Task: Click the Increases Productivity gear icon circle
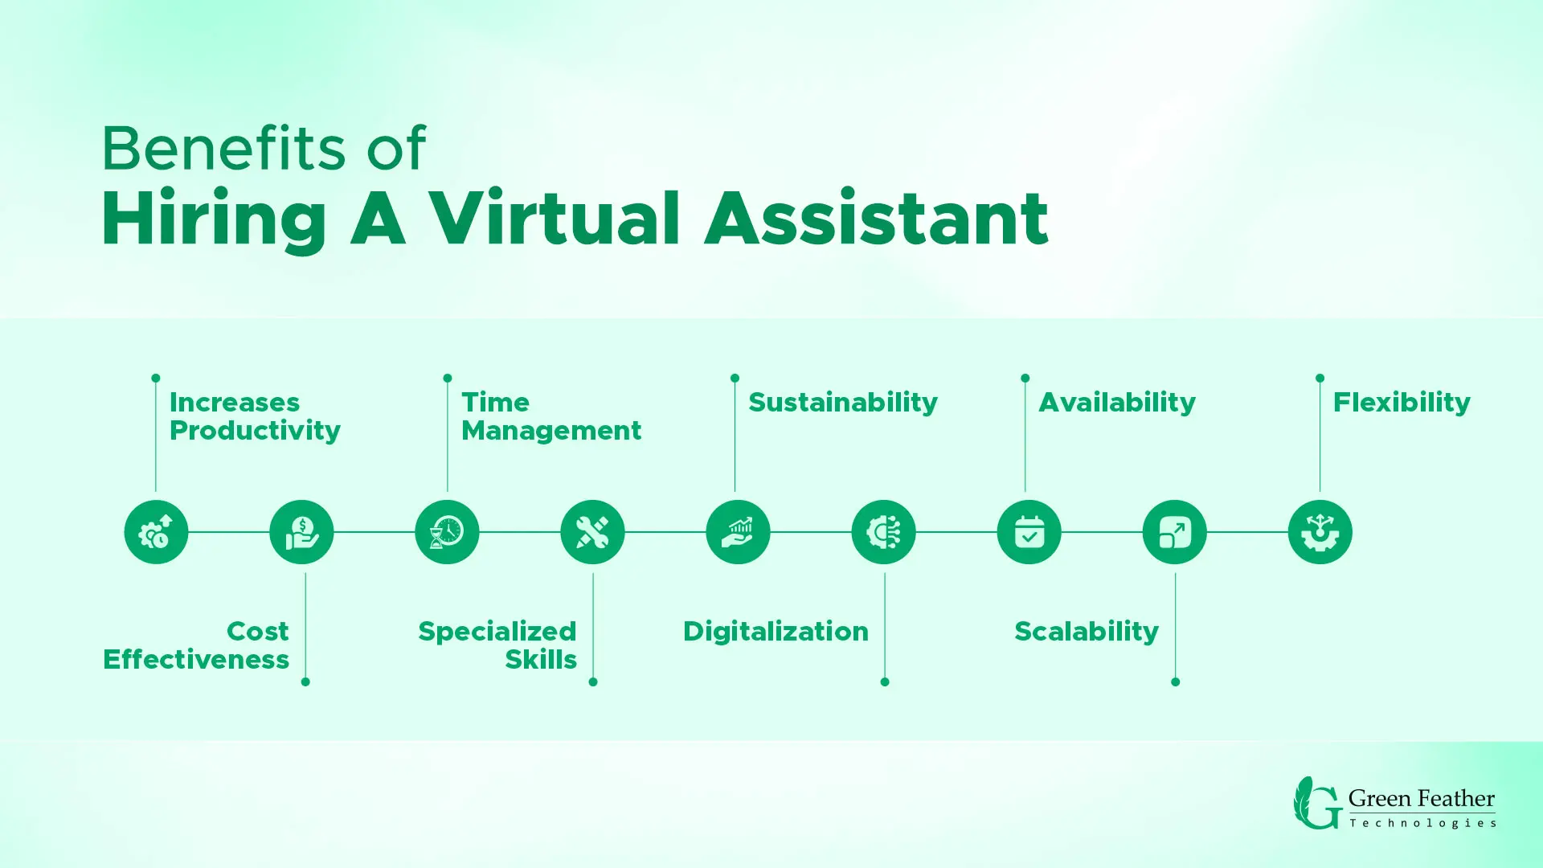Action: (x=156, y=532)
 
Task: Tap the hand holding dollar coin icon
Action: (x=301, y=532)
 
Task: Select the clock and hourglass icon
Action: (x=447, y=532)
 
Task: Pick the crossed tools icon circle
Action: (x=592, y=532)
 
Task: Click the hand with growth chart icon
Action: (x=738, y=532)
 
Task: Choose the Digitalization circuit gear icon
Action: (x=883, y=532)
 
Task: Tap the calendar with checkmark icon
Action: (x=1029, y=532)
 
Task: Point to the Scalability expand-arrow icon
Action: (x=1174, y=532)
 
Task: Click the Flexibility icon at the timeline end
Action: (x=1320, y=532)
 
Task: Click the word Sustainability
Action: (x=843, y=403)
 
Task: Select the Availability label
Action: (x=1117, y=403)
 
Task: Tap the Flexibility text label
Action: (x=1402, y=403)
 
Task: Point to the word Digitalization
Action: (x=776, y=632)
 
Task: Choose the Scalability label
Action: (x=1087, y=632)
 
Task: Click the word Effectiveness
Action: (x=196, y=659)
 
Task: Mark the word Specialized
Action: (x=497, y=632)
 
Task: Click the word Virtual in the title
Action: (x=555, y=219)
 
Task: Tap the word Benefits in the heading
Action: (x=223, y=149)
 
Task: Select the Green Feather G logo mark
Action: (x=1317, y=803)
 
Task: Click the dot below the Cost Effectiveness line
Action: (x=305, y=682)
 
